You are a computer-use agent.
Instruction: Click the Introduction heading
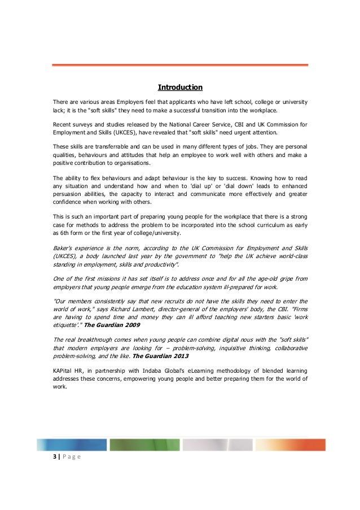(179, 88)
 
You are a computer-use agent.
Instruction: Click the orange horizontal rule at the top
(180, 66)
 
